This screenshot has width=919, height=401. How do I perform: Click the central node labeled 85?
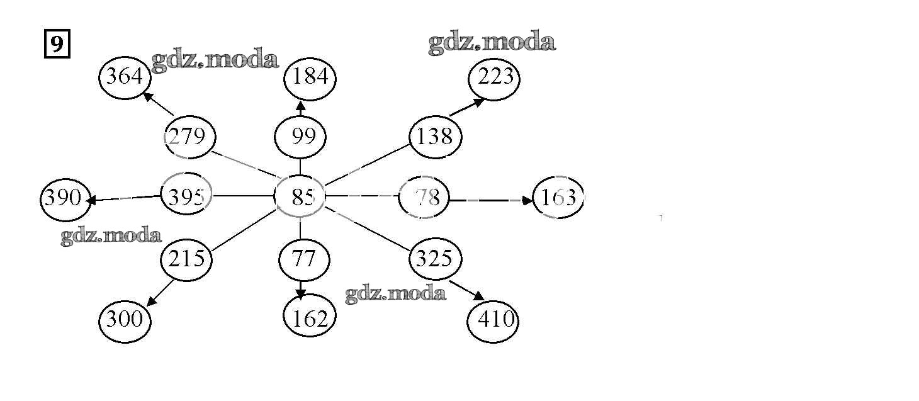point(300,197)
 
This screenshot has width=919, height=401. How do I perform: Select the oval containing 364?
point(125,77)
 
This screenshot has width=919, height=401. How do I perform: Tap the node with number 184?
point(310,77)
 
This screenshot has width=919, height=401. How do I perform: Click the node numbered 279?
point(189,137)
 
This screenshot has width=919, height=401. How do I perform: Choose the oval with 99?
point(300,137)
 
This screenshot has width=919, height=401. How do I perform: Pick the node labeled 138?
point(435,137)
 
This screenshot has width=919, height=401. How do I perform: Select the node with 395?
point(186,197)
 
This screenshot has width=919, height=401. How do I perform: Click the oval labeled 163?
point(558,198)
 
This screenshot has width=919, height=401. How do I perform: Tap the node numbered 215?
point(186,258)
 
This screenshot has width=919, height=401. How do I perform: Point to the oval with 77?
point(304,258)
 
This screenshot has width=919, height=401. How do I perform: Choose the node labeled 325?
point(435,258)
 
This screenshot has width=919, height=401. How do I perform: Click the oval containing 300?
point(125,320)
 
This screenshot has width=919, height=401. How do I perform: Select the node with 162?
point(310,319)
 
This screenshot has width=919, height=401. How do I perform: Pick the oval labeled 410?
point(493,320)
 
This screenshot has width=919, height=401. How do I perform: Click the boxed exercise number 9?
point(57,45)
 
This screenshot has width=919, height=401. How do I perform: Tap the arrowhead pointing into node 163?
point(527,200)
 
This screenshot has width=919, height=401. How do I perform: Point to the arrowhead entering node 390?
point(92,201)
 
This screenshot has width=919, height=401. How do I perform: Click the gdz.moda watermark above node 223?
point(492,43)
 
